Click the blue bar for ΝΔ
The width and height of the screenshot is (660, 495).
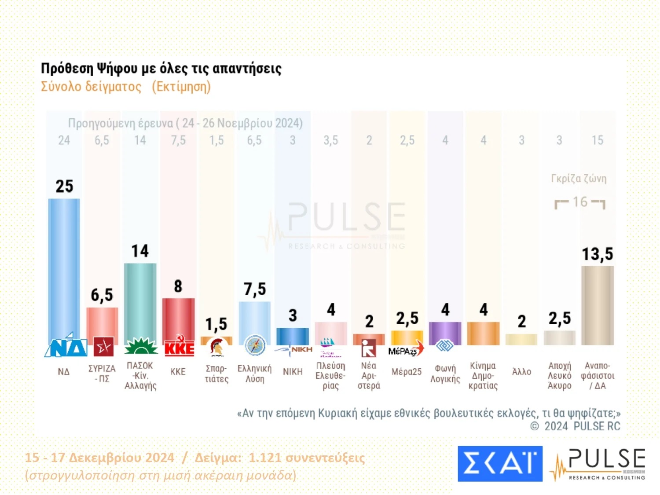[64, 268]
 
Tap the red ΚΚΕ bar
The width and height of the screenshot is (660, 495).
[178, 319]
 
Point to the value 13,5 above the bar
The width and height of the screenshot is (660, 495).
[597, 254]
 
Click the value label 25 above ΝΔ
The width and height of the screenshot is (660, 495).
[64, 187]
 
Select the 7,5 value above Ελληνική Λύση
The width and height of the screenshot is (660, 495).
[255, 290]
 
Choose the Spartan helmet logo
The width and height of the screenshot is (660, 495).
[216, 347]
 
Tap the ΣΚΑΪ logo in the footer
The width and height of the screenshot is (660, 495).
[500, 463]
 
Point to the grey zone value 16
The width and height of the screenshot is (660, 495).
[580, 202]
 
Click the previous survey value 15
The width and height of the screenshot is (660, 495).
[597, 140]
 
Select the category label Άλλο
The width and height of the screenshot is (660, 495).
[521, 372]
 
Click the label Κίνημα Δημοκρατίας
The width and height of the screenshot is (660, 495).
[483, 376]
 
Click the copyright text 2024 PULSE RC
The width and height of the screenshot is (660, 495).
[582, 426]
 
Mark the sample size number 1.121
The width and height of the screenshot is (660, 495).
[264, 458]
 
